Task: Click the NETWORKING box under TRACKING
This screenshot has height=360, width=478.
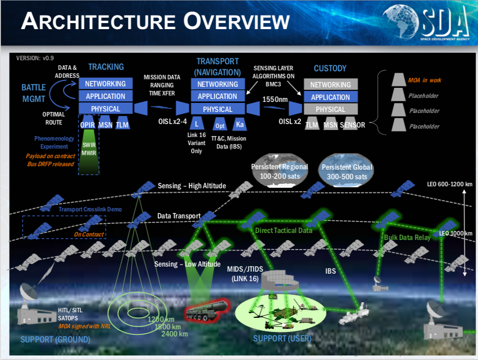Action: pos(105,83)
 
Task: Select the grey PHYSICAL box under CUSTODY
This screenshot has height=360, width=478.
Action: pos(331,109)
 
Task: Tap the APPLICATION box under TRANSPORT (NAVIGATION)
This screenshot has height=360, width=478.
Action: pos(218,96)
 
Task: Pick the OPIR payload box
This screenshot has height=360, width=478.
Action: pos(88,124)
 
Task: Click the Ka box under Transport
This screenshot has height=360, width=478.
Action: pos(240,124)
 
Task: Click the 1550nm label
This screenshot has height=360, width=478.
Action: pos(275,99)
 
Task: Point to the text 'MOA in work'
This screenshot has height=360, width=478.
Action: pos(424,80)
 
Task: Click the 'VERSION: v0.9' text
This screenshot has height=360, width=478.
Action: pos(36,58)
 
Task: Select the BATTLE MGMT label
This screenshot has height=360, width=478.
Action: pos(34,92)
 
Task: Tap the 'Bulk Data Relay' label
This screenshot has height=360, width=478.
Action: pos(407,237)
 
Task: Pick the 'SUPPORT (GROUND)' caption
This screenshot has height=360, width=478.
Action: pos(55,340)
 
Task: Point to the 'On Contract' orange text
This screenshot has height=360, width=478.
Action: pos(89,234)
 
